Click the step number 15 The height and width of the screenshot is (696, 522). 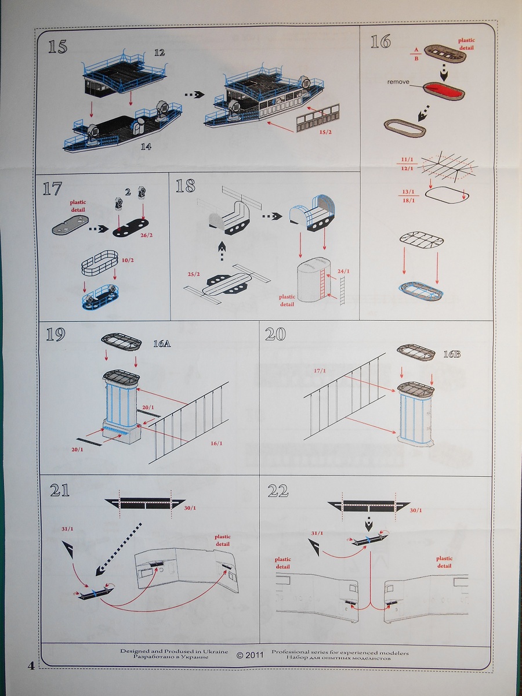(57, 46)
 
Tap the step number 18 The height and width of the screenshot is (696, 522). (186, 186)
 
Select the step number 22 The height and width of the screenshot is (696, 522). (278, 491)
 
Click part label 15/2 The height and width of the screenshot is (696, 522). (325, 132)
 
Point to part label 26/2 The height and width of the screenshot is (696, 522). (146, 235)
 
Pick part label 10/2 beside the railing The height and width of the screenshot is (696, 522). (128, 260)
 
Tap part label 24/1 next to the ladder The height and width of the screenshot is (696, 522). (343, 271)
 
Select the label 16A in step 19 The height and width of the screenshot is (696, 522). (162, 343)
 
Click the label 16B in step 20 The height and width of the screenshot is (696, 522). (452, 354)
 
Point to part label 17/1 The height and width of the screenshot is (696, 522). (320, 371)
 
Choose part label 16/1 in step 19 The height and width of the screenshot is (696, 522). (216, 443)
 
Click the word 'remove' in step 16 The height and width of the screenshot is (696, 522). (398, 82)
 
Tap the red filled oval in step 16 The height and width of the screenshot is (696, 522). (443, 91)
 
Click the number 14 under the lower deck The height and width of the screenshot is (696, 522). (146, 147)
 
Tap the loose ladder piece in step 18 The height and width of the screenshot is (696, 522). (342, 291)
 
